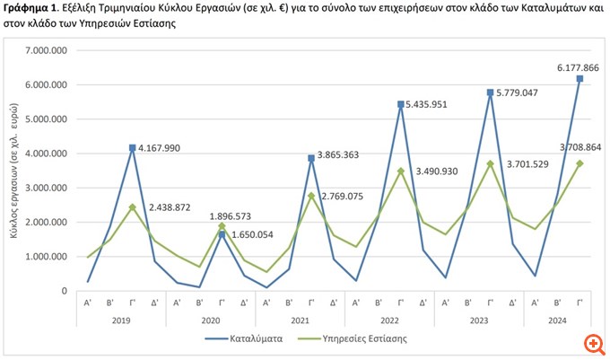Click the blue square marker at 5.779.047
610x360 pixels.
pos(490,92)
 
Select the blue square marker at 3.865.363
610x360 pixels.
pos(311,158)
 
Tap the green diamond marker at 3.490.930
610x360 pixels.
pos(401,171)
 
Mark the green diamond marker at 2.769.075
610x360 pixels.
pos(311,196)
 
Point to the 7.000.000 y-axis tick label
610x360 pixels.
pos(51,51)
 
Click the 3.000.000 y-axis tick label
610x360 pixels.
pos(51,188)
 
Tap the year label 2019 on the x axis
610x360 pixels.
pos(121,320)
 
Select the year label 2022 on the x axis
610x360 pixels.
pos(389,320)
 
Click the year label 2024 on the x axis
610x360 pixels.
pos(556,320)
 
